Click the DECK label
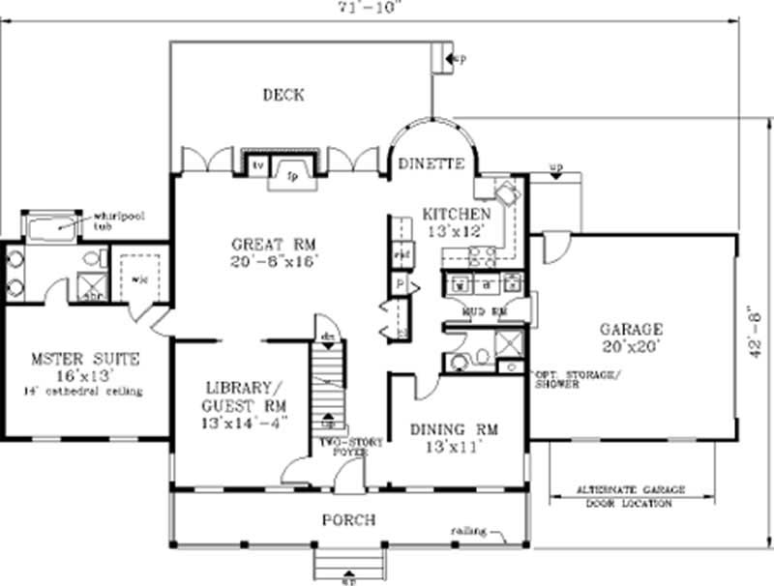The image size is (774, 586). [283, 95]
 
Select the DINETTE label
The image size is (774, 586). [432, 163]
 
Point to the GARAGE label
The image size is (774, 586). [630, 329]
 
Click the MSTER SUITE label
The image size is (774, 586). [84, 359]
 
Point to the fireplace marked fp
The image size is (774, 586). [293, 174]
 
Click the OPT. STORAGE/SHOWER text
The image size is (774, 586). [577, 378]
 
